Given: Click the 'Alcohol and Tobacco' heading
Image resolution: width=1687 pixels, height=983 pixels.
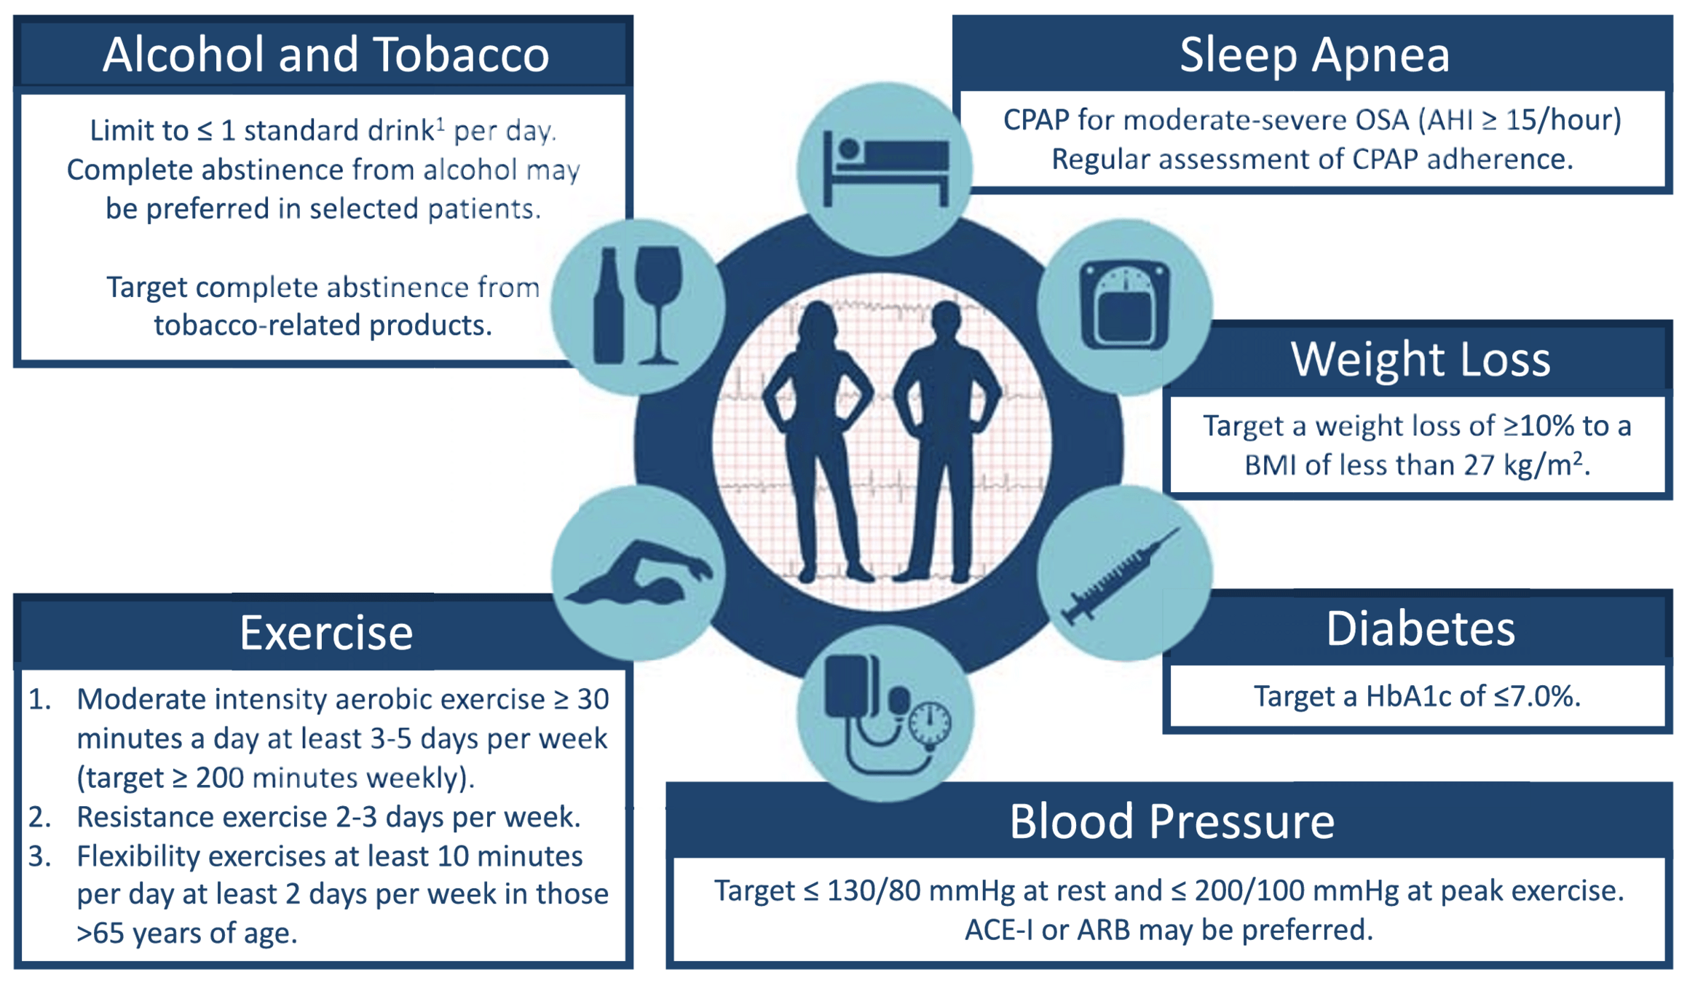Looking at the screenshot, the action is (325, 55).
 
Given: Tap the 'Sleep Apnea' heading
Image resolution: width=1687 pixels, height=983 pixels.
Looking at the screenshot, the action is (1314, 55).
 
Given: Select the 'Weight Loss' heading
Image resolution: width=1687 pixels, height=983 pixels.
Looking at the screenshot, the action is (1420, 359).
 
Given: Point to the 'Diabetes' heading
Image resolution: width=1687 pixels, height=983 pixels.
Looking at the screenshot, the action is (1420, 628).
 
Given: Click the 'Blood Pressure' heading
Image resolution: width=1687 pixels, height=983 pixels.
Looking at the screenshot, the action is (1172, 821).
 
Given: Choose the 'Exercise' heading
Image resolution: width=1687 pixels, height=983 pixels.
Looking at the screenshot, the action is (325, 633).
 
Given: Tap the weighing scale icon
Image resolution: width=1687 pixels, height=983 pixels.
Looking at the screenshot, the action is (1125, 304).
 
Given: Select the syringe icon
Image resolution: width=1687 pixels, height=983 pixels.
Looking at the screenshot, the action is (1121, 575).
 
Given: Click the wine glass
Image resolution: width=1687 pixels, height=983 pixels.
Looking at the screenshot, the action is (658, 299).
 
